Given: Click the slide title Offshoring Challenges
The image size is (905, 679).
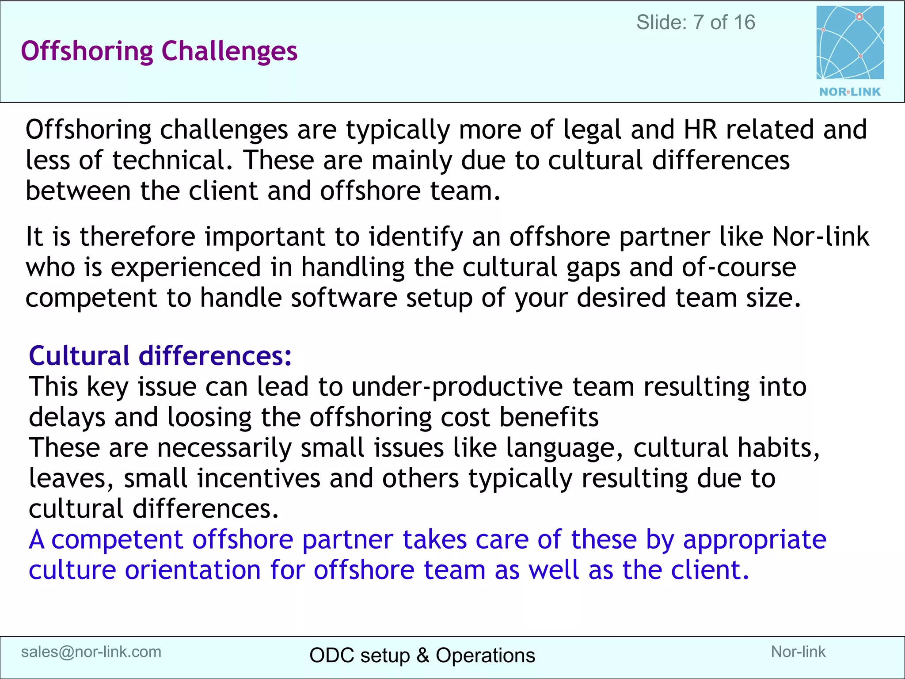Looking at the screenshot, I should point(159,51).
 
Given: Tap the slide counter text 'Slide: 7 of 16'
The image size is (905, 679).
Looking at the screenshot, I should point(696,23).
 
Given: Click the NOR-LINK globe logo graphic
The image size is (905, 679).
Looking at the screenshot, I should point(850,43).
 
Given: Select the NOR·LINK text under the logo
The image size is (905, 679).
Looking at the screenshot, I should point(850,92).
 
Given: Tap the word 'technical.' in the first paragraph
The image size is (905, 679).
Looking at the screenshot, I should point(172,160).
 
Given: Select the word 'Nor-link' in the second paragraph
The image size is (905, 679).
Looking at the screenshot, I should point(820,237).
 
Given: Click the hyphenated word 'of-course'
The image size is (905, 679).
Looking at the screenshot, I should point(739,267).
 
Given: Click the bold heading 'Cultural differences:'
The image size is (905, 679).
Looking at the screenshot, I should point(160,356).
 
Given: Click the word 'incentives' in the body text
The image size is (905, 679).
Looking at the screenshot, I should point(259,479).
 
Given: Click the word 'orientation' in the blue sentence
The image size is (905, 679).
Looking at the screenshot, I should point(193,570).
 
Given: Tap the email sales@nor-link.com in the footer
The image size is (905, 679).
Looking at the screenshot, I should point(91,652).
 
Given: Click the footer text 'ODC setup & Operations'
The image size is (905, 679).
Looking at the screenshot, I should point(422,656).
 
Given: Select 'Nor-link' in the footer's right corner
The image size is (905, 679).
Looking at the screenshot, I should point(798,652).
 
